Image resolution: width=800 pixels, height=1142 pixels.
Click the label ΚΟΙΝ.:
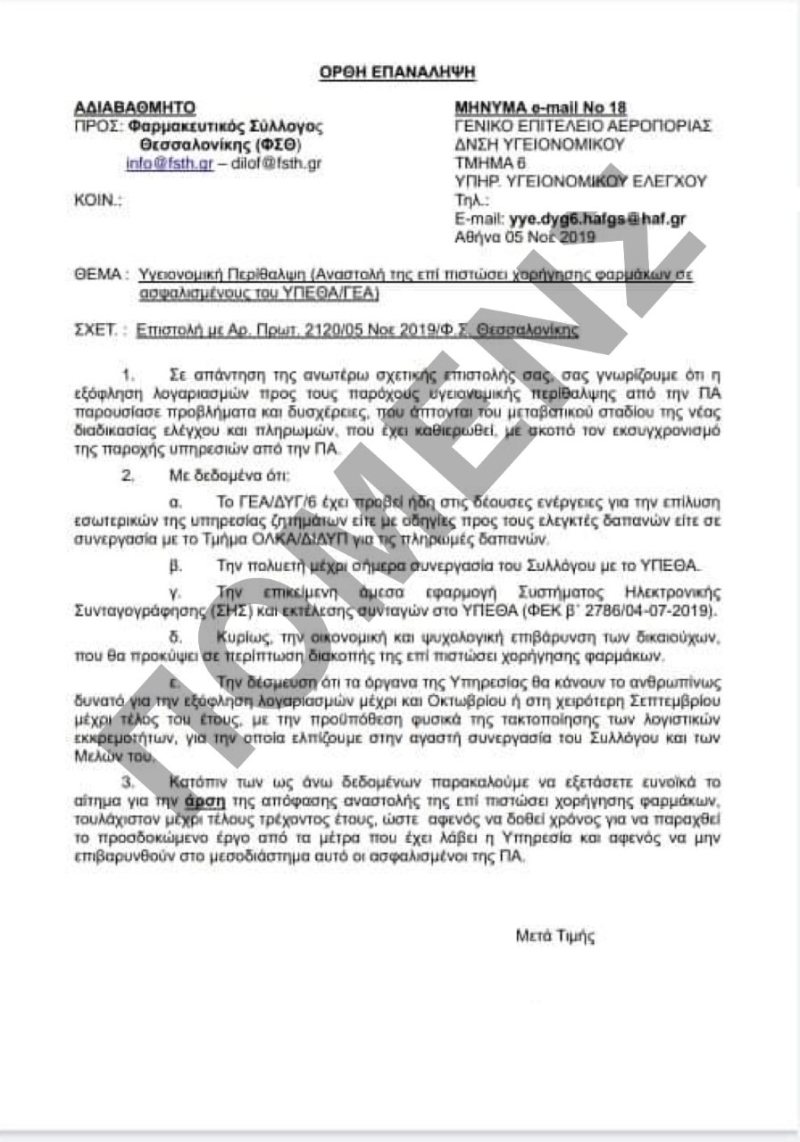(x=98, y=201)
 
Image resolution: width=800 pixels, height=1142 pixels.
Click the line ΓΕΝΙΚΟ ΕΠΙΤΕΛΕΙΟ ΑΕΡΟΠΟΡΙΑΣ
(x=582, y=127)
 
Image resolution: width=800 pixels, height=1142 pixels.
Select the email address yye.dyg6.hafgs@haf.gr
(x=597, y=219)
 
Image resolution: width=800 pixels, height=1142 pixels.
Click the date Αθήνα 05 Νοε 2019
(x=524, y=237)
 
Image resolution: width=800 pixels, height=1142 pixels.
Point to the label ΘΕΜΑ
(x=96, y=275)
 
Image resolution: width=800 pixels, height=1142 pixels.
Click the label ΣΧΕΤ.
(x=96, y=330)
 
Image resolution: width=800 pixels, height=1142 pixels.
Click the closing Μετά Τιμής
(x=554, y=937)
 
